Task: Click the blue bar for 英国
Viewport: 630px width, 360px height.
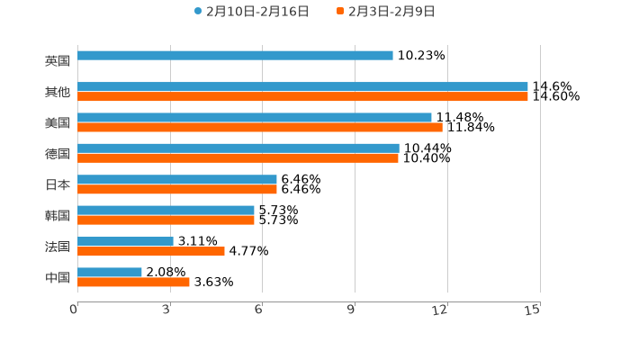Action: (x=235, y=56)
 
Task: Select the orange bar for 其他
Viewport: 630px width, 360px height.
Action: (x=302, y=96)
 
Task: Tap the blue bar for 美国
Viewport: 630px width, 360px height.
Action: (x=255, y=117)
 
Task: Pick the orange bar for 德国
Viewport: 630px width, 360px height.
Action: (x=238, y=158)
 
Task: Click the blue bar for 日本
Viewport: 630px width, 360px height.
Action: (x=177, y=179)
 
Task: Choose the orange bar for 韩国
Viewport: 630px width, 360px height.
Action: (x=166, y=220)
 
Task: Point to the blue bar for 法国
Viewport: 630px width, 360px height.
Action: (x=125, y=241)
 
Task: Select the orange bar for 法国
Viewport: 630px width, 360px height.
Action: (x=151, y=251)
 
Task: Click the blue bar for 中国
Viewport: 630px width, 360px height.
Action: (x=110, y=272)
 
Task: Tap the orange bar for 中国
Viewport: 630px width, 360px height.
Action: (x=133, y=282)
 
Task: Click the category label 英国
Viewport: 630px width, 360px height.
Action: (x=58, y=61)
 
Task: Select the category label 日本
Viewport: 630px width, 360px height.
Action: (x=58, y=184)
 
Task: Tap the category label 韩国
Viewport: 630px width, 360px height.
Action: (x=58, y=215)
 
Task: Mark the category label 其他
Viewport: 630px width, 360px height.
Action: (x=58, y=92)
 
